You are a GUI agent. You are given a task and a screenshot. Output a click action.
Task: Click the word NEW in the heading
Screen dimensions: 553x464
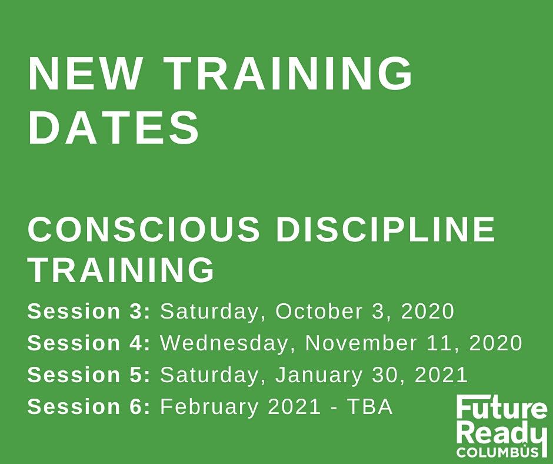(84, 74)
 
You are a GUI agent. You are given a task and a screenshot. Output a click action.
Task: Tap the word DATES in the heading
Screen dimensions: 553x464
(114, 127)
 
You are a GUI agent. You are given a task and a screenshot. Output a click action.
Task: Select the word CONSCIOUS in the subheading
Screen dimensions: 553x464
(144, 229)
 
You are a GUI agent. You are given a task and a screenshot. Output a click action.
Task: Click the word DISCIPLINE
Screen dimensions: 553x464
(386, 229)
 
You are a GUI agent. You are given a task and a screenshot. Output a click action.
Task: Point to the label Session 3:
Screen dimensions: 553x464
(89, 311)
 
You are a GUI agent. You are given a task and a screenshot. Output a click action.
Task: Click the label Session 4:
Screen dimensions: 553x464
(89, 343)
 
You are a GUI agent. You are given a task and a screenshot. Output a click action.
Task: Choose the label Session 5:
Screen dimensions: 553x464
(89, 374)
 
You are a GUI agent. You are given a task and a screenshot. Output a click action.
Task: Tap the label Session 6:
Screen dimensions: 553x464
(89, 406)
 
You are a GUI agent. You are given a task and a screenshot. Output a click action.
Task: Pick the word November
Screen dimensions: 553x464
(361, 343)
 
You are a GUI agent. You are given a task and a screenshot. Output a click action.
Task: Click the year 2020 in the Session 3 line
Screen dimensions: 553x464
(428, 311)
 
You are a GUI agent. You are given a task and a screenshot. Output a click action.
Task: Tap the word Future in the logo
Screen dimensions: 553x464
(502, 408)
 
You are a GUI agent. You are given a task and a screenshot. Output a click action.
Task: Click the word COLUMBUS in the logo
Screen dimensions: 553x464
(498, 452)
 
